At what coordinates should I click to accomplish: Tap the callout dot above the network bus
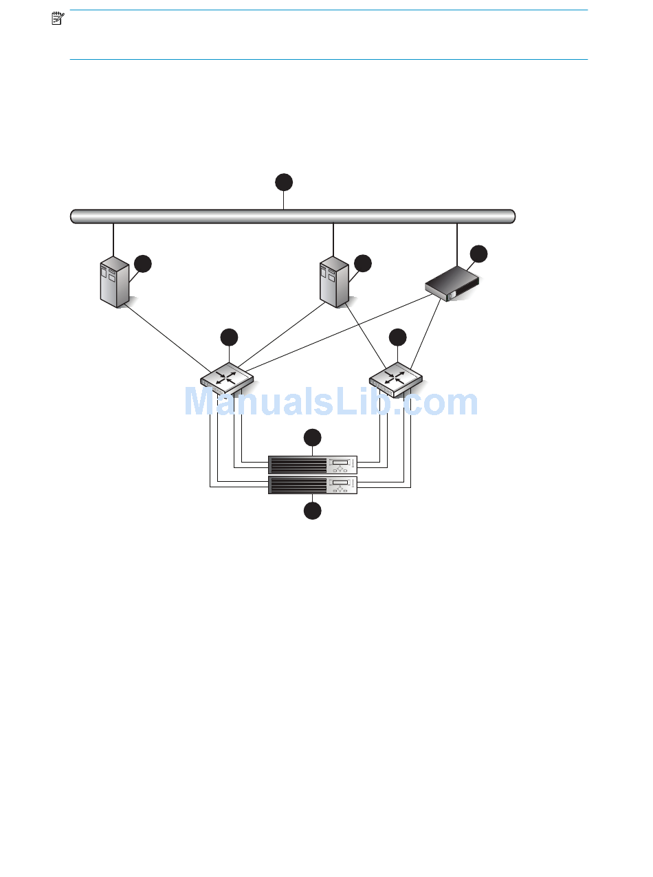(x=284, y=182)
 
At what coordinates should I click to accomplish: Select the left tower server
(x=114, y=281)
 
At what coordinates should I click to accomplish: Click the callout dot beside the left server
(x=143, y=263)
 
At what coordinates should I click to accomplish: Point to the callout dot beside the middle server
(x=363, y=263)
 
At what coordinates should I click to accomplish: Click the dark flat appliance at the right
(x=452, y=282)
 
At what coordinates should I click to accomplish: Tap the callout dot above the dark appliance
(x=478, y=253)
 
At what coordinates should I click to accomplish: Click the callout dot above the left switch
(x=229, y=337)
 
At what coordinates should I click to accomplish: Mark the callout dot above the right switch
(x=397, y=337)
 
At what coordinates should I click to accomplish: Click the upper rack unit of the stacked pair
(x=313, y=464)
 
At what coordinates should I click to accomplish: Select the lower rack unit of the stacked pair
(x=313, y=485)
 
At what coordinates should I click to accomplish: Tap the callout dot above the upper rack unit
(x=313, y=437)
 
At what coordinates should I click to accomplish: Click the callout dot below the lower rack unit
(x=313, y=511)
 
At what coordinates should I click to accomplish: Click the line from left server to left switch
(x=165, y=335)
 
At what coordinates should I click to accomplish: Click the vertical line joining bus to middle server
(x=333, y=239)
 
